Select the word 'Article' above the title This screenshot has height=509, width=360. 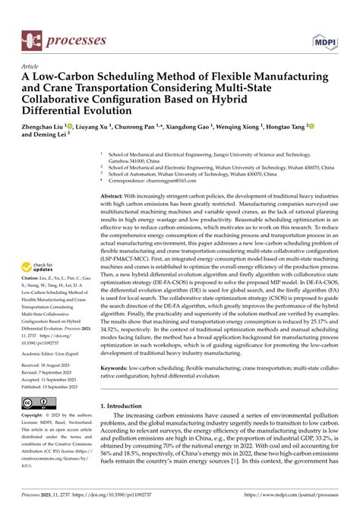click(31, 66)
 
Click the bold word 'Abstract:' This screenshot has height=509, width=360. click(117, 197)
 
